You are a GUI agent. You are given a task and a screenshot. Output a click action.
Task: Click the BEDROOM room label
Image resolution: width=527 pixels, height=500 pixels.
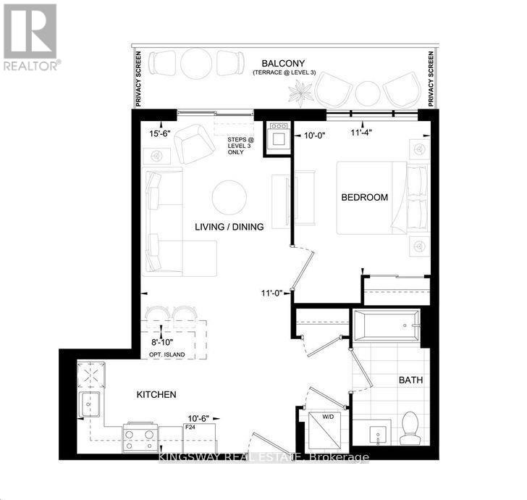coord(365,197)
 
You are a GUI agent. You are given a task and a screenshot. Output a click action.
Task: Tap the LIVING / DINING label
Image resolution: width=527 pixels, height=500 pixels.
coord(229,227)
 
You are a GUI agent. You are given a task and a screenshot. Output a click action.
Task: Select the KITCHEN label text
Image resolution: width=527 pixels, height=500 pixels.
coord(156,395)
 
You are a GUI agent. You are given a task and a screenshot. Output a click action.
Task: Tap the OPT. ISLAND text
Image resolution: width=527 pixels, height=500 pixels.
coord(164,354)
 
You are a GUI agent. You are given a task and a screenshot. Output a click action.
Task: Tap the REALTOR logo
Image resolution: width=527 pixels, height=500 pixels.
coord(30,36)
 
